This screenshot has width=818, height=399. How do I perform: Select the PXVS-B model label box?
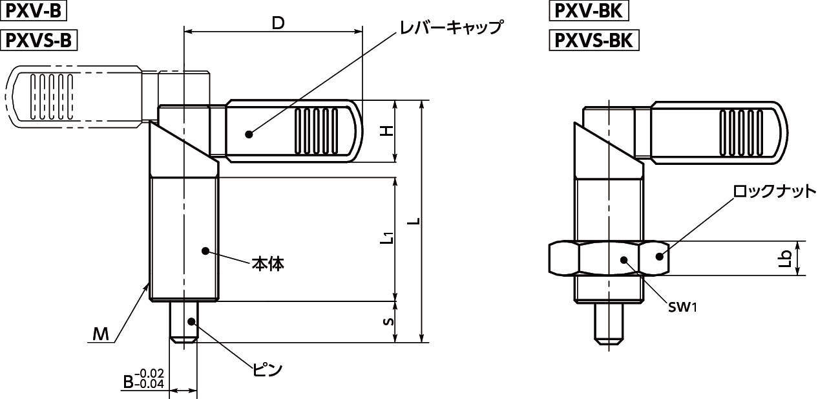click(40, 40)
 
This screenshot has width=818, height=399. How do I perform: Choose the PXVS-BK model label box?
click(593, 40)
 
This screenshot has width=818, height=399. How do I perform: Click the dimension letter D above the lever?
click(278, 23)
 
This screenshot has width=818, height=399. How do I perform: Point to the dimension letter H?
click(386, 131)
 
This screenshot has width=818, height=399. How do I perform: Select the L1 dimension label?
click(387, 239)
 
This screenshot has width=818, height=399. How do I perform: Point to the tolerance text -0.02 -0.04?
click(152, 378)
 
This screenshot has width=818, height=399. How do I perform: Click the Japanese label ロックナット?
click(772, 192)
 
